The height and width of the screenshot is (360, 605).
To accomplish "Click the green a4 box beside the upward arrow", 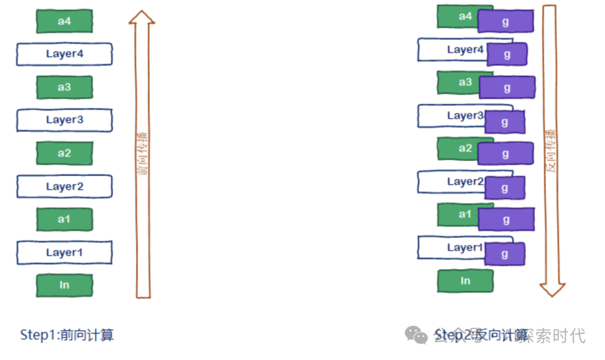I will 64,21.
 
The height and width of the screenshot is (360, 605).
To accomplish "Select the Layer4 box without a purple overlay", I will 64,54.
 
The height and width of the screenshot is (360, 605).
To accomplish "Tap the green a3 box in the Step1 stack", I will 64,87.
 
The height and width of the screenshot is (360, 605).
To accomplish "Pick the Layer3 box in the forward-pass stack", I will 64,120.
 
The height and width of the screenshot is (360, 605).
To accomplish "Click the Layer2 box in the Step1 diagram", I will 64,186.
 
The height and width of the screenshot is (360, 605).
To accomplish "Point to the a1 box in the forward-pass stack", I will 64,219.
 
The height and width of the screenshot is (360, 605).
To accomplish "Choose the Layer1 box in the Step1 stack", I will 64,253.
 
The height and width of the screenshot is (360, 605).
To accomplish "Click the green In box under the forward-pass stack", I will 64,285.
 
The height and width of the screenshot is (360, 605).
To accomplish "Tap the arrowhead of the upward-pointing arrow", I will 142,16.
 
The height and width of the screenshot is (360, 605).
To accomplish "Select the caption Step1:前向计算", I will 67,335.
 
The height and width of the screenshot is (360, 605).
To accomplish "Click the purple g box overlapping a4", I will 505,21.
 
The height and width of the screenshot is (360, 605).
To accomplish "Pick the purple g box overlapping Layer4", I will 507,54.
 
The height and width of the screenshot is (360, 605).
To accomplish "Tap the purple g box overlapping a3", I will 507,87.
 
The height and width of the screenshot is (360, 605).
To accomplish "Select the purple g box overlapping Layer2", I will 505,188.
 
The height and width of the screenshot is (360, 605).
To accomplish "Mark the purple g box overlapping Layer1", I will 505,254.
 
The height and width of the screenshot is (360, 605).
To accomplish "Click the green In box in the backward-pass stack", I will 465,281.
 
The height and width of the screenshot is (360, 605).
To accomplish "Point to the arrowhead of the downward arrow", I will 552,289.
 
